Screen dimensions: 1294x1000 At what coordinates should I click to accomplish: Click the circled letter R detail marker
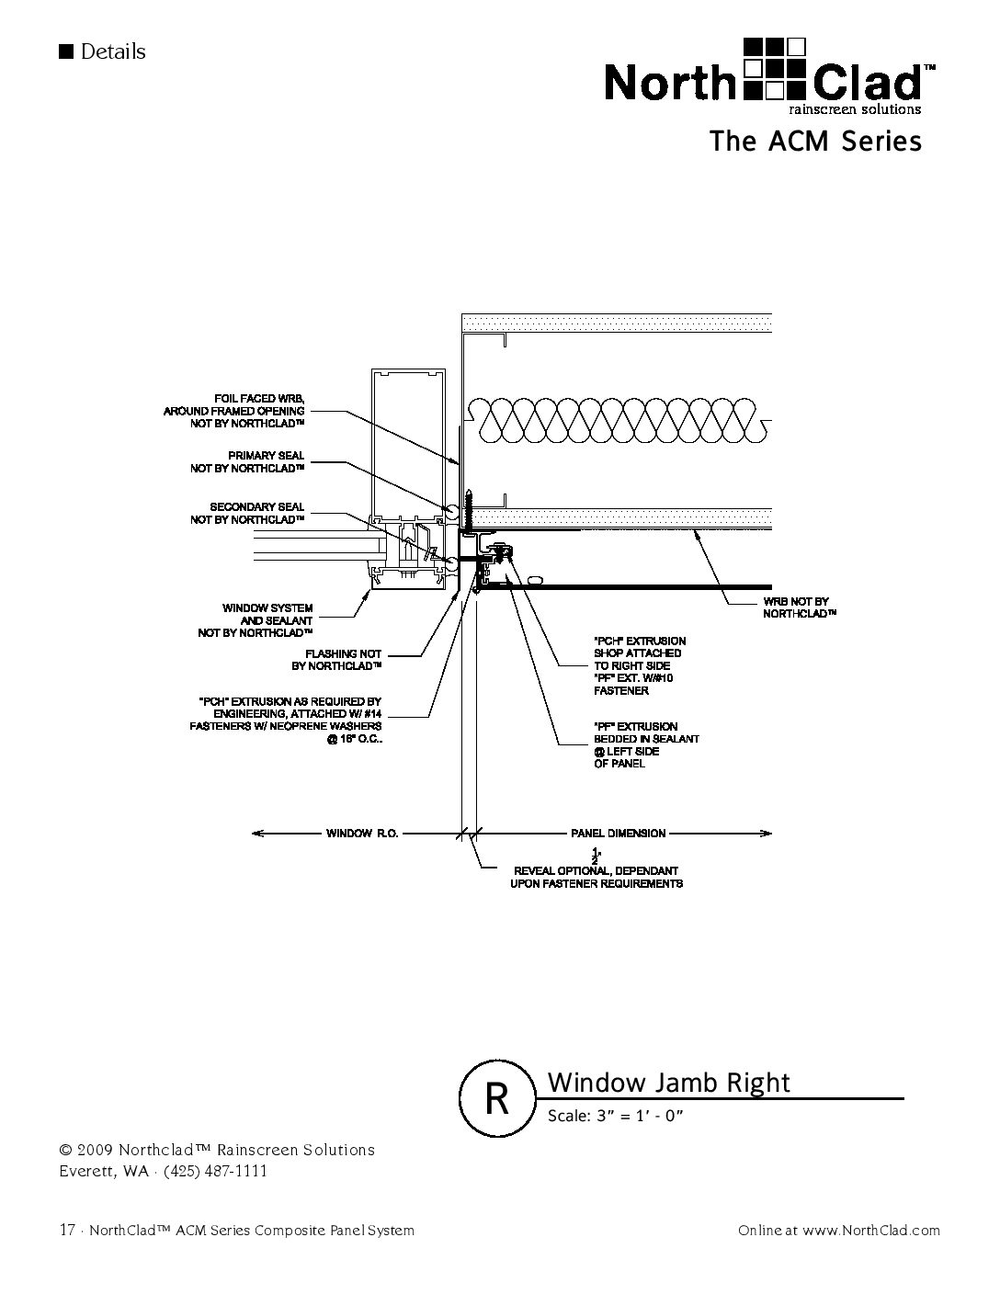tap(496, 1099)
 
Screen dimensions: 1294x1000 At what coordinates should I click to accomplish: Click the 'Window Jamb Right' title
tap(668, 1082)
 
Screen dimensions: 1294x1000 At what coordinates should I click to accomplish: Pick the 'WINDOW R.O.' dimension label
tap(361, 834)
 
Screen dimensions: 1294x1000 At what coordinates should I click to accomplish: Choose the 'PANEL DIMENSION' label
tap(618, 834)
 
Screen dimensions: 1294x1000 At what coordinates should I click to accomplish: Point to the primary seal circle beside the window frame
tap(451, 509)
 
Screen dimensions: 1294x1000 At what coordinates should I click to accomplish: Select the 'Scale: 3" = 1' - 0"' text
tap(616, 1116)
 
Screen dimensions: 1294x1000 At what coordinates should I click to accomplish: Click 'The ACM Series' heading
tap(814, 142)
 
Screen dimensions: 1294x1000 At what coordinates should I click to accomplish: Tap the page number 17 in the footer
tap(66, 1230)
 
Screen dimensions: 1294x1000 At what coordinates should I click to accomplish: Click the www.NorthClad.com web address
tap(870, 1231)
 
